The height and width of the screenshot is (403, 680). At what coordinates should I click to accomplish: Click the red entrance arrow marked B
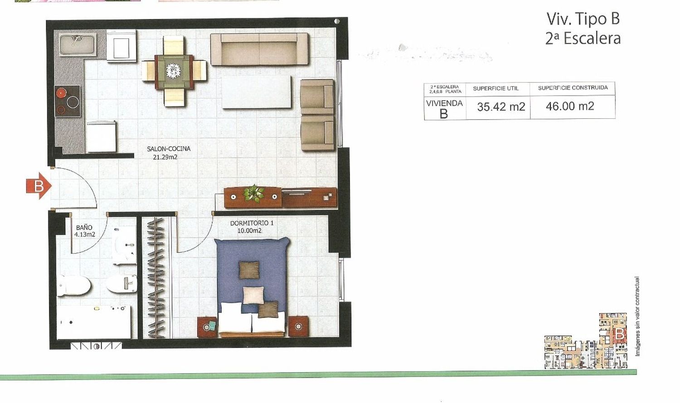pos(39,186)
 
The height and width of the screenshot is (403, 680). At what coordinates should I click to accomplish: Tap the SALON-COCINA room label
pos(169,149)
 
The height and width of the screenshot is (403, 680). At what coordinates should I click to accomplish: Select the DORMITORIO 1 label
pos(252,223)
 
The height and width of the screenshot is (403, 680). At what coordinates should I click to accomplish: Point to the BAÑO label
pos(84,227)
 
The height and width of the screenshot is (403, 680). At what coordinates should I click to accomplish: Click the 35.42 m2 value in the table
pos(501,107)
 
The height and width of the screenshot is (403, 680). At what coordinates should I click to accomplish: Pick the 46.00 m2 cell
pos(570,106)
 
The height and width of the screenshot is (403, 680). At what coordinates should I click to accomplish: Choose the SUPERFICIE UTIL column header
pos(496,88)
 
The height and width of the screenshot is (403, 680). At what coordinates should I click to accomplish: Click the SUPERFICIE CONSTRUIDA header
pos(573,88)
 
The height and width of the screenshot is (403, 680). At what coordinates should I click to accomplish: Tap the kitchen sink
pos(78,44)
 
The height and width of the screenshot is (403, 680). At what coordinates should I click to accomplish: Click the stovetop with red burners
pos(68,101)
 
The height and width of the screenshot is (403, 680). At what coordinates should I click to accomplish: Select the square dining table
pos(174,72)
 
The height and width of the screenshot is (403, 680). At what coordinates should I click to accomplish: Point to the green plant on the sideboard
pos(253,193)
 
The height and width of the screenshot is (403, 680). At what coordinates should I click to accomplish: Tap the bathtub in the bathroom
pos(94,322)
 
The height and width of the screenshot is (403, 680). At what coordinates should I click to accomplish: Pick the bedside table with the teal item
pos(207,326)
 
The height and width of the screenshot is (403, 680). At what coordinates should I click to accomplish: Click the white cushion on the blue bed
pos(253,295)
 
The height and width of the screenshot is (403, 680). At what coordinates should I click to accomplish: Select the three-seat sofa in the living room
pos(259,49)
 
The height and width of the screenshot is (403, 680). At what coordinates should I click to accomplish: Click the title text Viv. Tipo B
pos(583,19)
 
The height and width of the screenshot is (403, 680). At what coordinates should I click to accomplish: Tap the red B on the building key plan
pos(620,334)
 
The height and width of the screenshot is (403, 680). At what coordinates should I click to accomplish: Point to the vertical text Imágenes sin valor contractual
pos(638,316)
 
